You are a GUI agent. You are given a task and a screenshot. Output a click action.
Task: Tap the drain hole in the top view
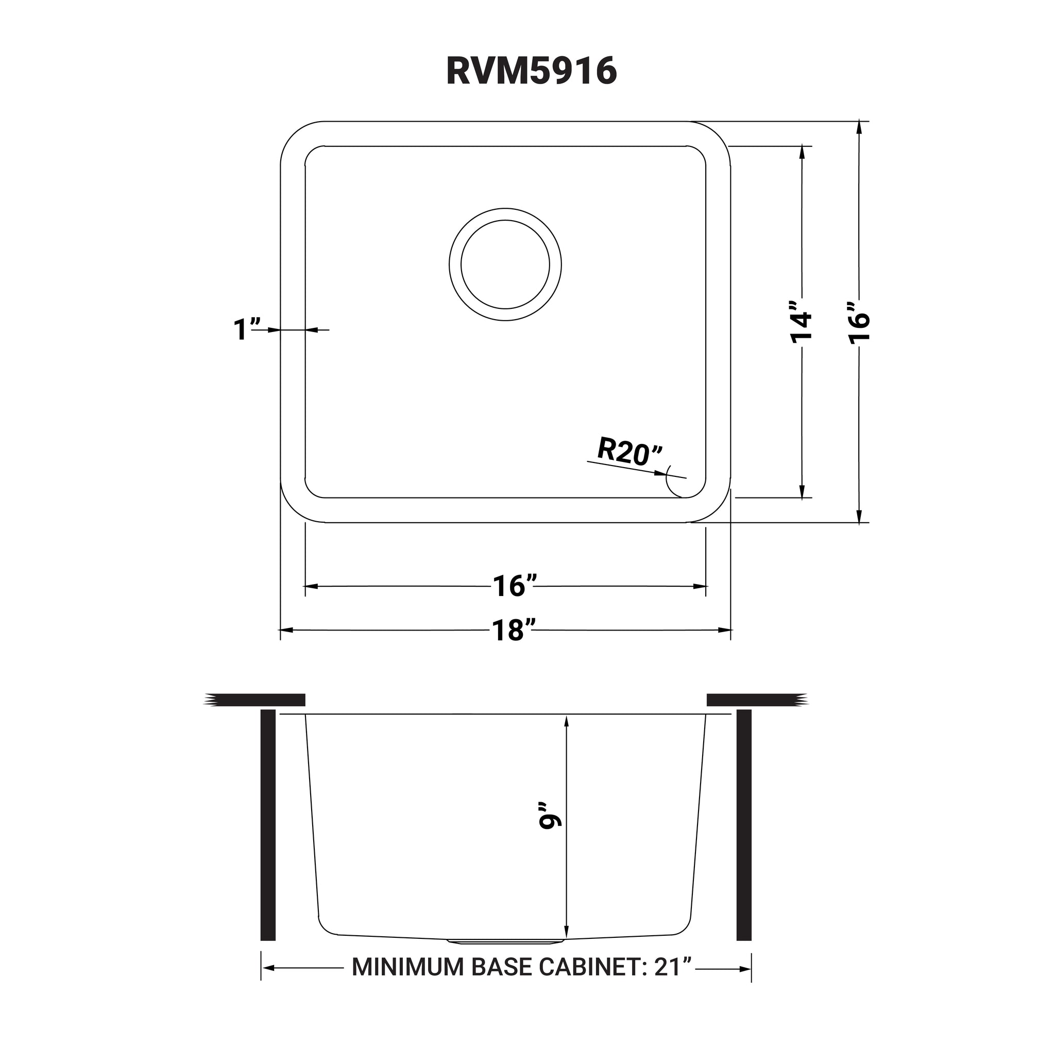click(505, 265)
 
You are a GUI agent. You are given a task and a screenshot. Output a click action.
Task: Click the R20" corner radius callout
click(630, 452)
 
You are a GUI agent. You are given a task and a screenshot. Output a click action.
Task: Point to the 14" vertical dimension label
click(801, 322)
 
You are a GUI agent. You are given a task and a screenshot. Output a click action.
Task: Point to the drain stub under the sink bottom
click(505, 941)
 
